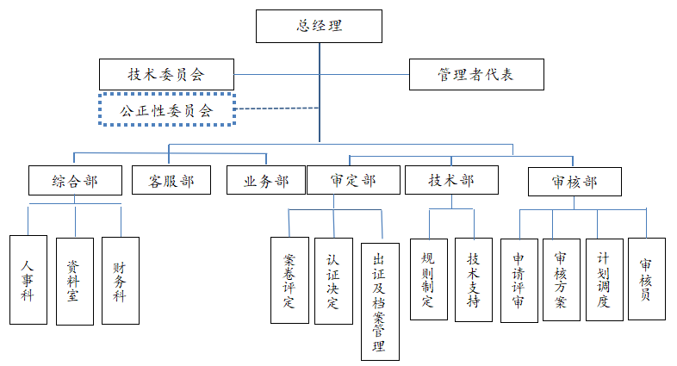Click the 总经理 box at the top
[320, 26]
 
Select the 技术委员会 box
[167, 74]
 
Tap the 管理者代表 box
[475, 75]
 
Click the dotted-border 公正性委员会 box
[167, 109]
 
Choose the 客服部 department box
[171, 181]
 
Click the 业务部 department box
[266, 181]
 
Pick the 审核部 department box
[575, 181]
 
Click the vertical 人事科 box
[28, 280]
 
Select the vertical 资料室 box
[74, 280]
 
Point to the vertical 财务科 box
[120, 280]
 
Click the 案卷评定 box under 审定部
[289, 280]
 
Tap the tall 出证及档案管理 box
[380, 301]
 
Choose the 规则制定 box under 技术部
[428, 279]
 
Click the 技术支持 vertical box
[474, 279]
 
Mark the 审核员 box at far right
[646, 279]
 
